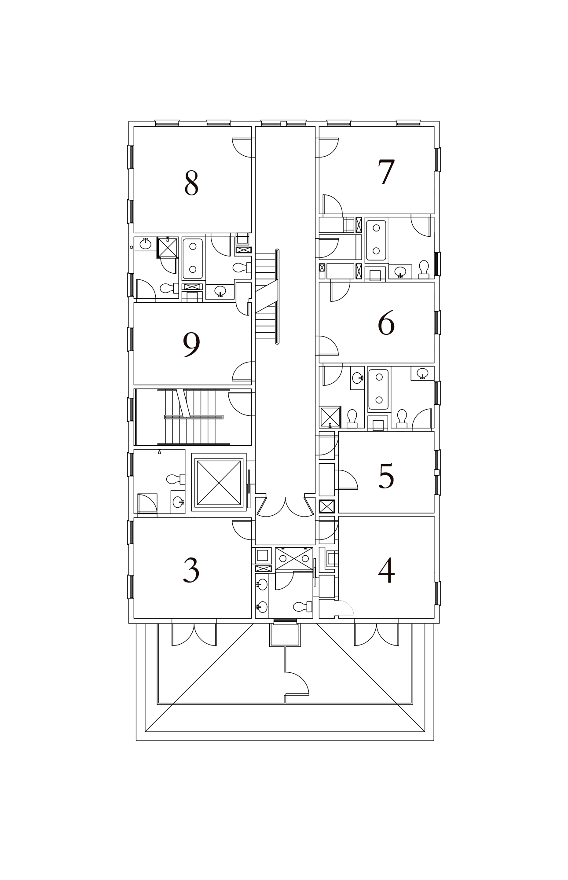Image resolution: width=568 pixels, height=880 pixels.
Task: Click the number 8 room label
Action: (x=191, y=183)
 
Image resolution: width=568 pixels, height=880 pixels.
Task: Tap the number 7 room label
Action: (x=386, y=172)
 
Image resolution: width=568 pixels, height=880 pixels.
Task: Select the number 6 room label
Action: (x=386, y=324)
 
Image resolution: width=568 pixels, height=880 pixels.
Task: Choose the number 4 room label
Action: (x=386, y=571)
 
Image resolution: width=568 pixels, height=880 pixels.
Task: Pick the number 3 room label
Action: (x=191, y=570)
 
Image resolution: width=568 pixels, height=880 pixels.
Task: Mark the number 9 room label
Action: (x=191, y=345)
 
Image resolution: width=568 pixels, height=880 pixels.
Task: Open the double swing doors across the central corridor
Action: (x=286, y=506)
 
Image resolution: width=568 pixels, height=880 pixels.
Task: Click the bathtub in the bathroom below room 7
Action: (x=376, y=240)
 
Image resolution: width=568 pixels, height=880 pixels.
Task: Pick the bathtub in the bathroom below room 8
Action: (x=192, y=259)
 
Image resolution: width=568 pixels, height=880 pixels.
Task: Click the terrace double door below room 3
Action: (x=194, y=633)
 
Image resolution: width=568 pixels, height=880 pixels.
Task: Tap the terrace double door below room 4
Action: (x=377, y=633)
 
